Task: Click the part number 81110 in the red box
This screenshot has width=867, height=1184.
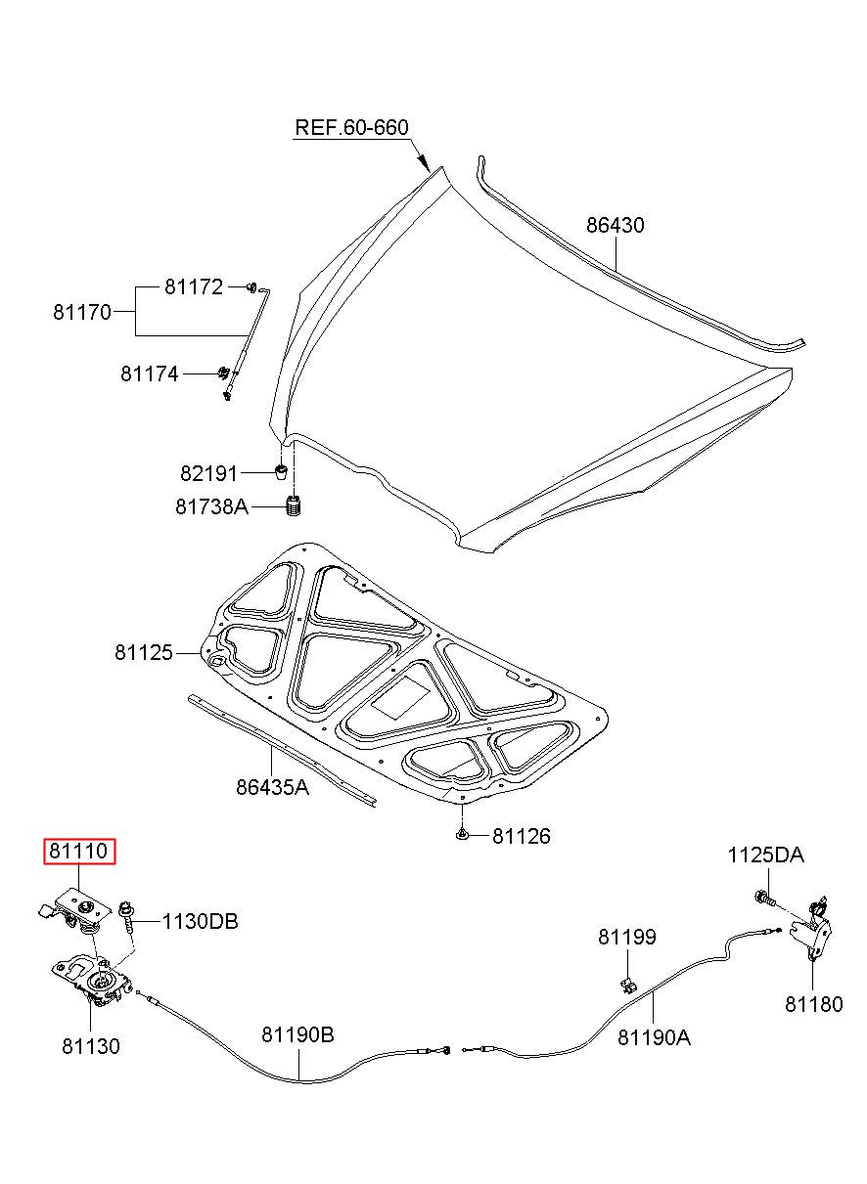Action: pyautogui.click(x=78, y=851)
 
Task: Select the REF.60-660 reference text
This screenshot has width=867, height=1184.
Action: pyautogui.click(x=351, y=127)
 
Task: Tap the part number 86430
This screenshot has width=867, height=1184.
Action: pyautogui.click(x=616, y=225)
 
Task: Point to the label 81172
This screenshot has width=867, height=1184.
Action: pyautogui.click(x=194, y=287)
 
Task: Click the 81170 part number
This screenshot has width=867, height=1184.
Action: pyautogui.click(x=82, y=313)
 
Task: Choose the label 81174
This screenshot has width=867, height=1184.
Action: pyautogui.click(x=150, y=374)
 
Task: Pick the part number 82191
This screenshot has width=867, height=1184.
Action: pyautogui.click(x=209, y=473)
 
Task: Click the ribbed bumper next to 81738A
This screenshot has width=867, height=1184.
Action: pyautogui.click(x=295, y=506)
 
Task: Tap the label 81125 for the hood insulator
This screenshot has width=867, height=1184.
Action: pyautogui.click(x=144, y=653)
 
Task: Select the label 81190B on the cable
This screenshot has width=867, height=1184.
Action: pyautogui.click(x=297, y=1035)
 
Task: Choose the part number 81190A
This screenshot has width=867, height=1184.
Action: pyautogui.click(x=655, y=1038)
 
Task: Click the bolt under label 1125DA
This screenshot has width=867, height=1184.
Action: pyautogui.click(x=764, y=897)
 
